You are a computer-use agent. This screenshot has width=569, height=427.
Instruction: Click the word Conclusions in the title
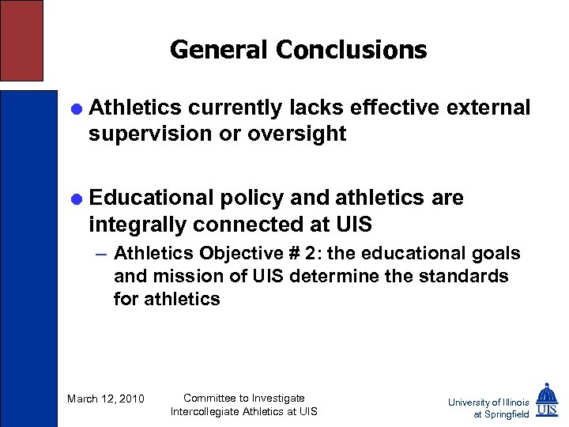351,51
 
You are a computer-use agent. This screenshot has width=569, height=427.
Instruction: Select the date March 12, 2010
106,399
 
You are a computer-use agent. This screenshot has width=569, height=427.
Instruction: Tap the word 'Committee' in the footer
213,398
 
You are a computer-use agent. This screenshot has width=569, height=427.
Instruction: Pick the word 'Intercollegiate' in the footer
209,411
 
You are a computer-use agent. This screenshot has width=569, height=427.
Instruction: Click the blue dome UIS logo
546,400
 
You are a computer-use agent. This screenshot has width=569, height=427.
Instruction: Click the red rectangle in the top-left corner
21,40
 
